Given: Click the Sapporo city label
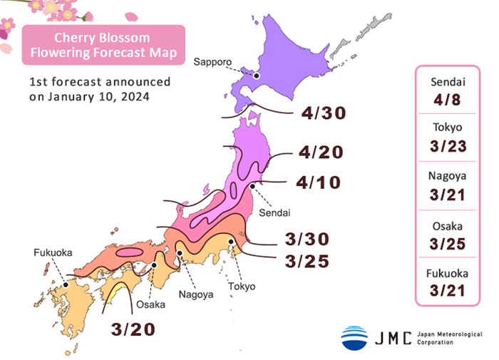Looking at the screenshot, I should pyautogui.click(x=212, y=63).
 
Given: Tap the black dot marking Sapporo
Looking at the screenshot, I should pyautogui.click(x=257, y=75).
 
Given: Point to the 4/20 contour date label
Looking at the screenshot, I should pyautogui.click(x=322, y=152).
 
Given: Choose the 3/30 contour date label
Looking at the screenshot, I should pyautogui.click(x=308, y=239).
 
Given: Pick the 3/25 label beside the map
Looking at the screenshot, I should pyautogui.click(x=308, y=262).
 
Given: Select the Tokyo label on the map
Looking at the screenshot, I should pyautogui.click(x=242, y=287).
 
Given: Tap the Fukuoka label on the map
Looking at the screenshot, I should pyautogui.click(x=51, y=253).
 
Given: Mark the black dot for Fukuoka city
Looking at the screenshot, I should pyautogui.click(x=66, y=284).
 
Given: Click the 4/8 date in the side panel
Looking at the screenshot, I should pyautogui.click(x=448, y=99).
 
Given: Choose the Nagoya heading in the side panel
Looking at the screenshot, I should pyautogui.click(x=448, y=176).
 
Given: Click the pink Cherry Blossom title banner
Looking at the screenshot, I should pyautogui.click(x=103, y=44).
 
